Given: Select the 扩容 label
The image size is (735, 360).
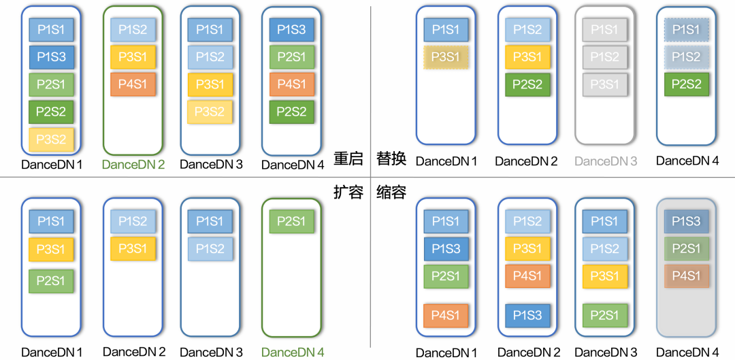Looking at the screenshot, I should click(348, 193).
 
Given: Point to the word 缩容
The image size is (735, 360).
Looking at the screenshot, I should click(391, 193).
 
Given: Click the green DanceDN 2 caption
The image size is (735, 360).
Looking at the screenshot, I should click(133, 164).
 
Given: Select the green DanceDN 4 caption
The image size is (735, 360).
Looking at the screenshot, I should click(293, 353).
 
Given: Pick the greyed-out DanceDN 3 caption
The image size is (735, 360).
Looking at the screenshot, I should click(606, 161).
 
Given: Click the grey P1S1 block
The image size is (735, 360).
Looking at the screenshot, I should click(605, 30).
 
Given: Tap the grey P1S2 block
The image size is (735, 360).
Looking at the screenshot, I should click(605, 57).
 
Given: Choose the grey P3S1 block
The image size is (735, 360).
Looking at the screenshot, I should click(605, 84).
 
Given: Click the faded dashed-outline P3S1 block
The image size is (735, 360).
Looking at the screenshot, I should click(446, 57).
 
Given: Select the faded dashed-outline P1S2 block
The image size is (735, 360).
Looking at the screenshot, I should click(687, 57).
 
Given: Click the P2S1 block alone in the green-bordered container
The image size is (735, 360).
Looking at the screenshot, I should click(292, 222).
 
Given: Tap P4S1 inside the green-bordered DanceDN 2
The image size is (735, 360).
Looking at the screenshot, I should click(133, 84).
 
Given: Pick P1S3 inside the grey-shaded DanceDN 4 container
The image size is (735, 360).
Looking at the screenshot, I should click(687, 222).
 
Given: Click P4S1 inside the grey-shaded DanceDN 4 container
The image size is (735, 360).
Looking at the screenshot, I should click(687, 276).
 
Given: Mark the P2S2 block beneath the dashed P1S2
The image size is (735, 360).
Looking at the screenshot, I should click(687, 84).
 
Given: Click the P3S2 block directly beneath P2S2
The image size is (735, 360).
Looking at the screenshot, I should click(52, 139).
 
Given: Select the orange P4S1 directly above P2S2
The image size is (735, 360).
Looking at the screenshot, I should click(292, 84).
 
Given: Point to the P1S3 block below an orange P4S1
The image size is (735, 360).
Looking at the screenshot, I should click(527, 316).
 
